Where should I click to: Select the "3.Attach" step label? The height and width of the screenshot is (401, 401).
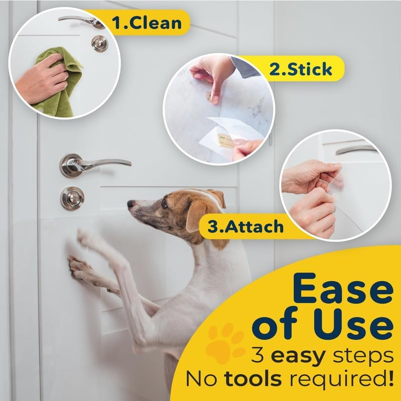pyautogui.click(x=246, y=227)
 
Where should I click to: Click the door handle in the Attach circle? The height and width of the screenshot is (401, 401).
pyautogui.click(x=356, y=149)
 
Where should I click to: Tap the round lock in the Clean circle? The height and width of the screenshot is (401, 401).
pyautogui.click(x=99, y=44)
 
